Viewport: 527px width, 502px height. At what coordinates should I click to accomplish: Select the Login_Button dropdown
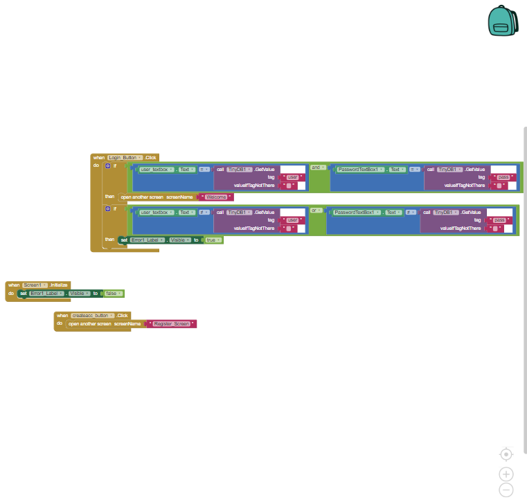pyautogui.click(x=125, y=158)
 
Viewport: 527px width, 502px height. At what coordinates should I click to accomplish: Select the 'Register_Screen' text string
pyautogui.click(x=171, y=323)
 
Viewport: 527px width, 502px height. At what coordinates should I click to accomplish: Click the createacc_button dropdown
pyautogui.click(x=93, y=315)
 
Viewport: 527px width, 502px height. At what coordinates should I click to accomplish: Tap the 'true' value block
pyautogui.click(x=212, y=240)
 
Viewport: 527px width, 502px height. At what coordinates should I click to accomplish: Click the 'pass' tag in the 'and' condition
pyautogui.click(x=502, y=177)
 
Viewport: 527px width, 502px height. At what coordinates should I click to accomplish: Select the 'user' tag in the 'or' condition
pyautogui.click(x=292, y=219)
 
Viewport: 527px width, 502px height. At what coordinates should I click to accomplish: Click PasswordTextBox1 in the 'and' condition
pyautogui.click(x=359, y=170)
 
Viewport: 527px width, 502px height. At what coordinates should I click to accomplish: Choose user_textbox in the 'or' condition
pyautogui.click(x=155, y=213)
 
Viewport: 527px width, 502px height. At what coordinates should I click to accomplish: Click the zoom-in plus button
pyautogui.click(x=506, y=474)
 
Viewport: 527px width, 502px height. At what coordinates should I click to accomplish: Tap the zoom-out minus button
pyautogui.click(x=506, y=490)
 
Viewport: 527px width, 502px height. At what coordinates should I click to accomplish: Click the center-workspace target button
pyautogui.click(x=506, y=454)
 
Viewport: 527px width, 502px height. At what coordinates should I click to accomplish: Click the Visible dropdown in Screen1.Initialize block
pyautogui.click(x=78, y=294)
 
